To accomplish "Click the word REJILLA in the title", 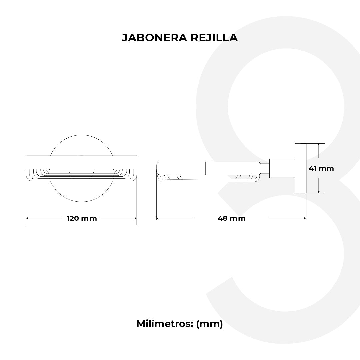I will point(214,38).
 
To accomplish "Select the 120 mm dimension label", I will point(82,218).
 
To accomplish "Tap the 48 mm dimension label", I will point(231,218).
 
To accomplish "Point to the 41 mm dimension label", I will point(321,168).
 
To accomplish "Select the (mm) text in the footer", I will point(209,324).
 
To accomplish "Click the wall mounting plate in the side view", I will point(300,168).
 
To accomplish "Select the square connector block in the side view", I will point(282,168).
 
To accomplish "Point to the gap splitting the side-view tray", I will point(208,168).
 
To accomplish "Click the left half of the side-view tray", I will point(182,168).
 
